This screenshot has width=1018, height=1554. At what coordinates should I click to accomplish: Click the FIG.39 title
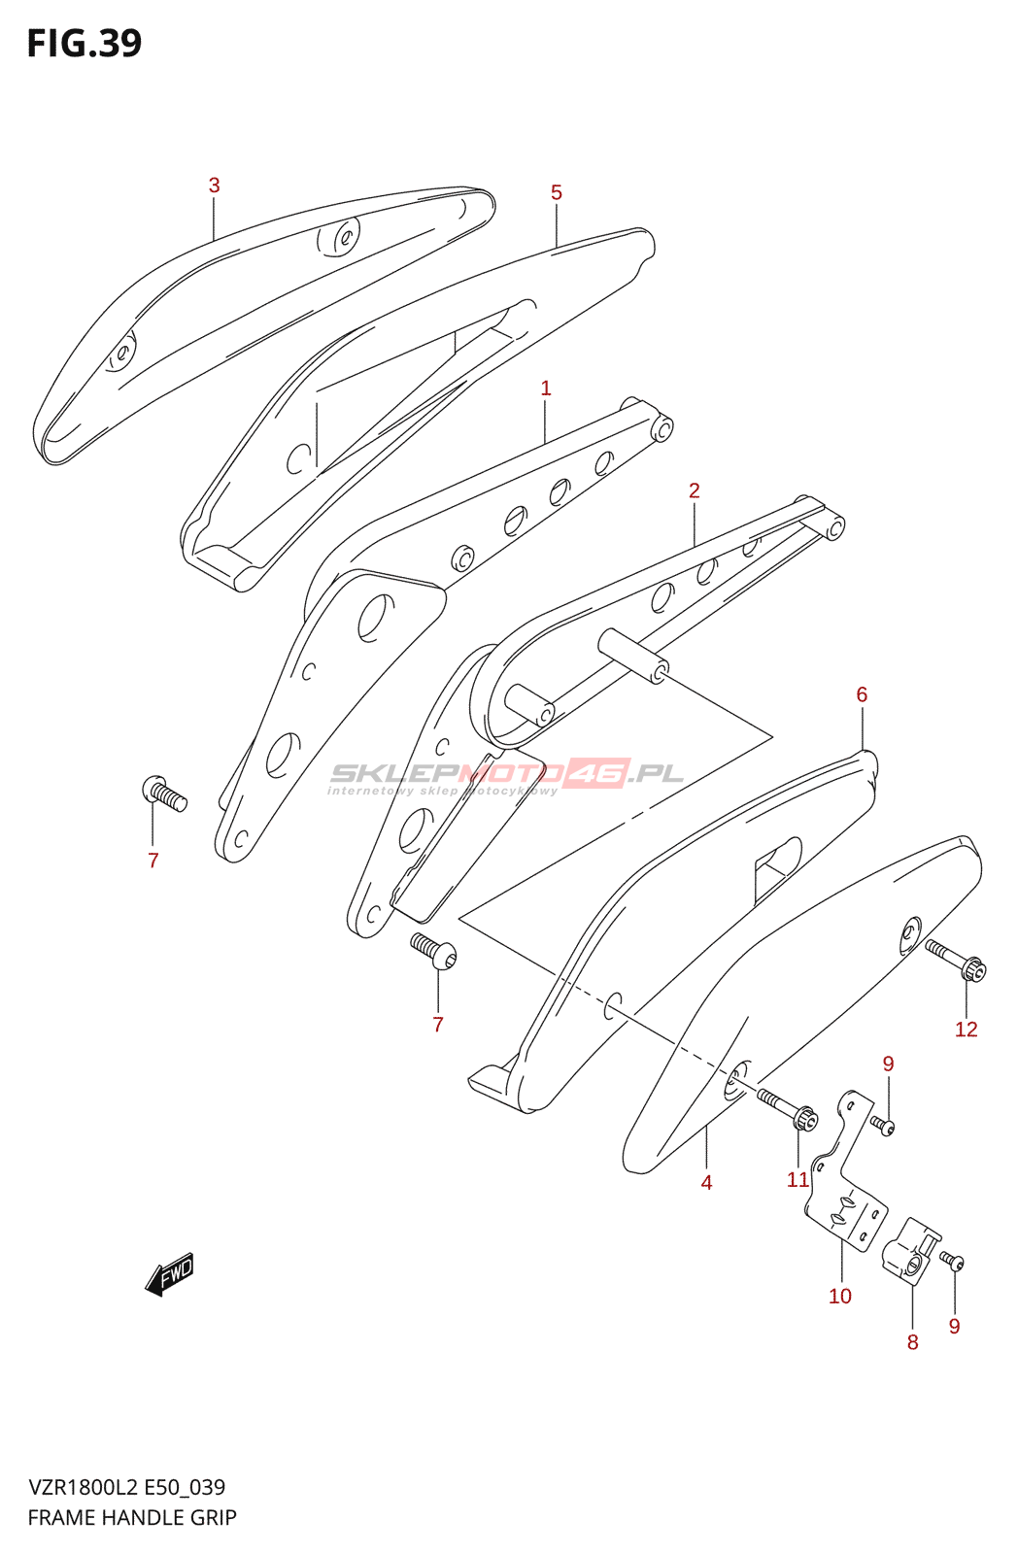pos(85,44)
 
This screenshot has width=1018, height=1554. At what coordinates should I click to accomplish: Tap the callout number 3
pos(214,186)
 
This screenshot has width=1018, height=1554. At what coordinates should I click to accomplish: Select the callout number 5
pos(556,192)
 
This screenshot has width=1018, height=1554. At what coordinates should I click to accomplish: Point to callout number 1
pos(546,388)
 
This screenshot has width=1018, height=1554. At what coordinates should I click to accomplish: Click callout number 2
pos(695,490)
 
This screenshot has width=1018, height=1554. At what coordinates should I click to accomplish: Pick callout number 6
pos(862,694)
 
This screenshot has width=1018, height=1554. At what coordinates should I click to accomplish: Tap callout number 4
pos(706,1182)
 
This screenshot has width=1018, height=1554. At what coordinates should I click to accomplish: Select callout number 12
pos(966,1030)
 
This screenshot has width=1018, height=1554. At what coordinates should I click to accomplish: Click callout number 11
pos(797,1179)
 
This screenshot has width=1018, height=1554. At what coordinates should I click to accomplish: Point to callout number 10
pos(839,1296)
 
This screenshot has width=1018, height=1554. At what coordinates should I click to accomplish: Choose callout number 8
pos(912,1342)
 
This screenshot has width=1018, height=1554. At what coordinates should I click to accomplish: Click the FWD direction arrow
pos(170,1272)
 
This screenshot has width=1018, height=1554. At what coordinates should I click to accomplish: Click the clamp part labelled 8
pos(910,1253)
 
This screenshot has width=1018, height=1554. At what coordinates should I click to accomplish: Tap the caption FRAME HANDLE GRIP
pos(132,1517)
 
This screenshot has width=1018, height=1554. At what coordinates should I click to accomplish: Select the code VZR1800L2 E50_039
pos(126,1487)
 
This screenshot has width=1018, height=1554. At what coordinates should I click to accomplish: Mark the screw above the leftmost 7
pos(164,794)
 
